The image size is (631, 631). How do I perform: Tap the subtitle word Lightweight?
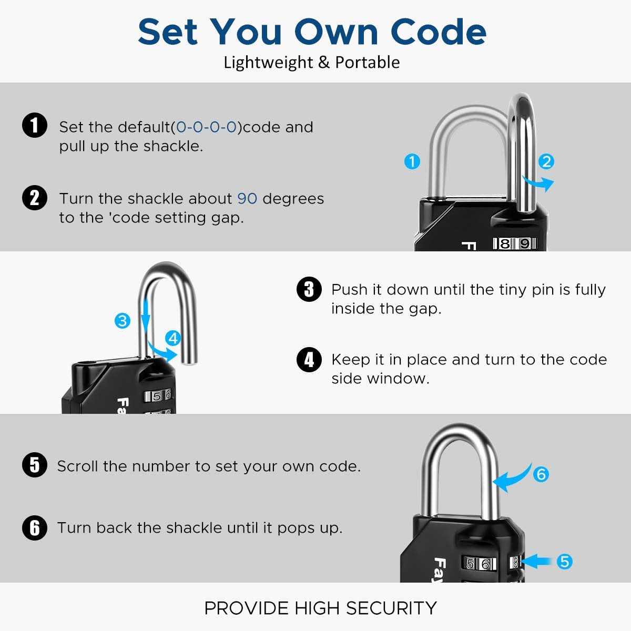268,63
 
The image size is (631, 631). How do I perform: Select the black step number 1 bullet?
35,126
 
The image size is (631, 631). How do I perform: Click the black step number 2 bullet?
35,198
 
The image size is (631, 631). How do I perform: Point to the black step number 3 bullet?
309,289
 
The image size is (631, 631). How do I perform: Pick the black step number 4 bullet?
309,360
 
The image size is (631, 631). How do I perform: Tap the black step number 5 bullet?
35,465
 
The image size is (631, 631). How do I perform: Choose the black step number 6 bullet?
35,527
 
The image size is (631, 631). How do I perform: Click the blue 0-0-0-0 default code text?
206,127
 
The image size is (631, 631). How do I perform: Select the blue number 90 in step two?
247,199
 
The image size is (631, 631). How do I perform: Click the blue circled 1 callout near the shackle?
412,161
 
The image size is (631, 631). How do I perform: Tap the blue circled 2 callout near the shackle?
546,161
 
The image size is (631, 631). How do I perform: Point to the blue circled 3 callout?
123,320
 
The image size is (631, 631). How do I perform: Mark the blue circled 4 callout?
173,338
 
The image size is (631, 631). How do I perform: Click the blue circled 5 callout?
564,562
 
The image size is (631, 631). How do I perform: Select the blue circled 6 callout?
541,474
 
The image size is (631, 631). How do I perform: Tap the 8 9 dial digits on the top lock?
514,244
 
